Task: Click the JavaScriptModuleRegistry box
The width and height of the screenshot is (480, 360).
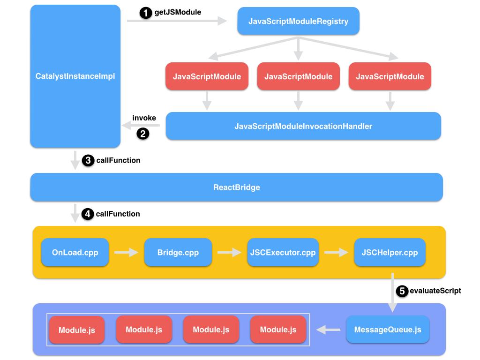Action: pyautogui.click(x=298, y=21)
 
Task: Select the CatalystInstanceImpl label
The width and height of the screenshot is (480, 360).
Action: pyautogui.click(x=75, y=76)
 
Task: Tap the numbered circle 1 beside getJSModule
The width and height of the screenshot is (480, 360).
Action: pyautogui.click(x=146, y=13)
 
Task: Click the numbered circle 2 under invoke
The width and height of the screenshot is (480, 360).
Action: pyautogui.click(x=142, y=134)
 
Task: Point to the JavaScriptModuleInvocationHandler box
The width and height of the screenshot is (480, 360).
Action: pyautogui.click(x=303, y=126)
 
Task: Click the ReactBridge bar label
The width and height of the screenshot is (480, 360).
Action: pyautogui.click(x=236, y=187)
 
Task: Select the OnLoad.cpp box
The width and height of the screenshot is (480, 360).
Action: pyautogui.click(x=75, y=252)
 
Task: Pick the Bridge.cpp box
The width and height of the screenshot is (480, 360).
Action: pyautogui.click(x=178, y=252)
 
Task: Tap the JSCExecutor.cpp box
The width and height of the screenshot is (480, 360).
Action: pyautogui.click(x=282, y=252)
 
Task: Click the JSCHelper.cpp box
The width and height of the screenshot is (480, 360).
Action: pyautogui.click(x=390, y=252)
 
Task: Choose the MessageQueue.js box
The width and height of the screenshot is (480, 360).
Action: pyautogui.click(x=388, y=330)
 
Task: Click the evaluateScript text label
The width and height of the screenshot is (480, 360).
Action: pyautogui.click(x=435, y=291)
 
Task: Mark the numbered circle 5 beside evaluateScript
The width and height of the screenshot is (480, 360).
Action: pyautogui.click(x=402, y=291)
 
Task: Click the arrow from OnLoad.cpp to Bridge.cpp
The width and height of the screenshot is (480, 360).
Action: pyautogui.click(x=126, y=253)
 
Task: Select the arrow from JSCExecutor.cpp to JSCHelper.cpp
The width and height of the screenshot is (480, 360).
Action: pyautogui.click(x=336, y=253)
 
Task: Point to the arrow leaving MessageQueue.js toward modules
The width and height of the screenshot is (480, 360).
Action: pyautogui.click(x=329, y=330)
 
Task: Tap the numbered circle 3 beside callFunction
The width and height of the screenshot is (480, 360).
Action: pyautogui.click(x=88, y=161)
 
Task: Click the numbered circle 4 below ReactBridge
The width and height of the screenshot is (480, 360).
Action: pyautogui.click(x=88, y=214)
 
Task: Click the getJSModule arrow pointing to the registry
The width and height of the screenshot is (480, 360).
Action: pyautogui.click(x=176, y=21)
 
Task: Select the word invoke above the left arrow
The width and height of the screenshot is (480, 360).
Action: pyautogui.click(x=144, y=118)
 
